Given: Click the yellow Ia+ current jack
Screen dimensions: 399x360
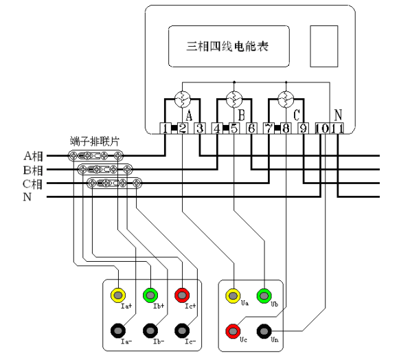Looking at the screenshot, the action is pos(118,295).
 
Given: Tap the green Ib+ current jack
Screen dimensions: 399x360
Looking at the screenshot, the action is pos(150,295).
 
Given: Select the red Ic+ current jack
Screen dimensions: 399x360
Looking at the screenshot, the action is pos(182,295).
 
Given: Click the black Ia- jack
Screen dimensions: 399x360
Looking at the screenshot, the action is pos(118,330).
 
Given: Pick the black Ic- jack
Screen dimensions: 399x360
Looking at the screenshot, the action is pos(182,330).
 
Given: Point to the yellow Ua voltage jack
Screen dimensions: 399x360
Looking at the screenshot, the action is pos(233,296).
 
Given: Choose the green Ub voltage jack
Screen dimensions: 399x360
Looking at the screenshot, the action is pos(264,296).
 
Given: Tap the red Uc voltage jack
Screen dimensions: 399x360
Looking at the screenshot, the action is pos(233,331).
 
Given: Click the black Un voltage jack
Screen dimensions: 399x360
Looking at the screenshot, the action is pos(264,331).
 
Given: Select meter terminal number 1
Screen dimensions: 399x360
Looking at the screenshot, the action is pos(166,128).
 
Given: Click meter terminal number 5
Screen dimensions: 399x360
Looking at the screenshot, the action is pos(234,128).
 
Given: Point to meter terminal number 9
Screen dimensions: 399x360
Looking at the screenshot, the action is pos(304,128).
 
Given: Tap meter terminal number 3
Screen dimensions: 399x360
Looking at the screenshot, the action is pos(200,128).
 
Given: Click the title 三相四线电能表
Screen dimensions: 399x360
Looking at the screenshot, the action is pos(227,47).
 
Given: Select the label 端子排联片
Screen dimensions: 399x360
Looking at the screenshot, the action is pos(94,141).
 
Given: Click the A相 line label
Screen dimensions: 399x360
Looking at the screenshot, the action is pos(34,156).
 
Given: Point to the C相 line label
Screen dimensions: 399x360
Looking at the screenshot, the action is pos(32,184).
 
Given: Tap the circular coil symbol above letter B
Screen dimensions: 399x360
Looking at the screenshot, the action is pos(234,100).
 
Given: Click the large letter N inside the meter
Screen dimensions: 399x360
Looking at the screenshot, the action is pos(338,115).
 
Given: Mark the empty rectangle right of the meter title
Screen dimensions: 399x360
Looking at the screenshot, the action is pos(324,46).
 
